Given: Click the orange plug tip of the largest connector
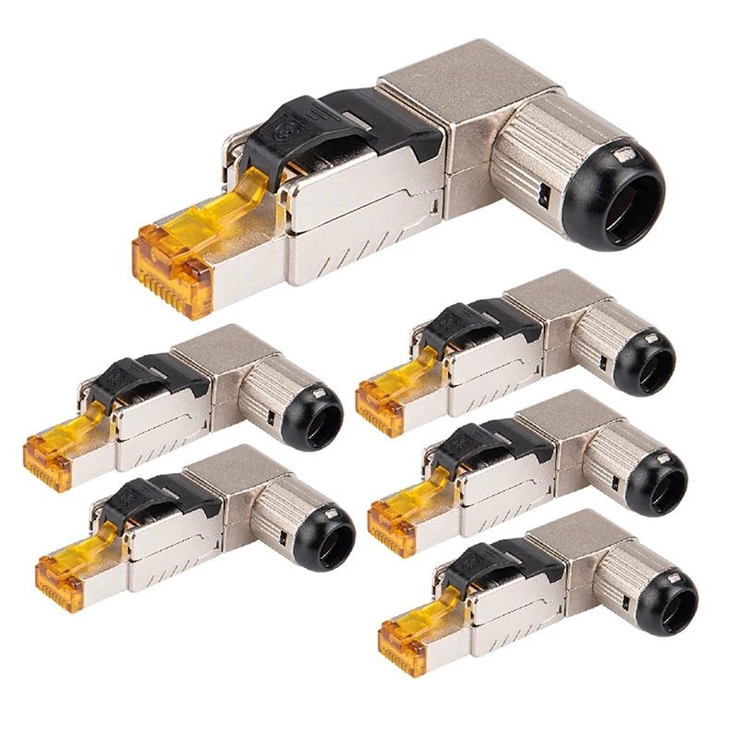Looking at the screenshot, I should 171,268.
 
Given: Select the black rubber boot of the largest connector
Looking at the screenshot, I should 614,199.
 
